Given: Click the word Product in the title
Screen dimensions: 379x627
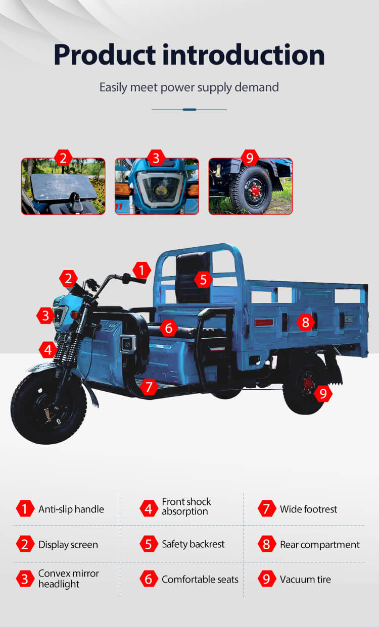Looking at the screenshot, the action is (x=105, y=55).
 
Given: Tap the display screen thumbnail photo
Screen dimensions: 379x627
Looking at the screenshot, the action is (x=63, y=186).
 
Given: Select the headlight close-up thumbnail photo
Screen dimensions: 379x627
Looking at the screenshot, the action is (x=157, y=186).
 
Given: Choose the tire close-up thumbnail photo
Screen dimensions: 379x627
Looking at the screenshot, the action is (x=251, y=186).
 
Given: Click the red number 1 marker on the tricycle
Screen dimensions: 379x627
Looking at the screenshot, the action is (x=141, y=270).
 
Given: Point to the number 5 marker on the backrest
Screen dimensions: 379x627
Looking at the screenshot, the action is (x=203, y=279).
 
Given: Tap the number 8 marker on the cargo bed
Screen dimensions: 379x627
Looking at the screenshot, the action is (x=306, y=322).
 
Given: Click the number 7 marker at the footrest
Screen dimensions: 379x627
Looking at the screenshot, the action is (x=149, y=387).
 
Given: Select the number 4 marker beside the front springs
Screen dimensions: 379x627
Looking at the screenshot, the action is (x=48, y=350).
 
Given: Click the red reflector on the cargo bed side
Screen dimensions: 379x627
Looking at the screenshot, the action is (x=264, y=323).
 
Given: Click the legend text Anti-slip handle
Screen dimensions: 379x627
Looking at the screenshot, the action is (x=71, y=509).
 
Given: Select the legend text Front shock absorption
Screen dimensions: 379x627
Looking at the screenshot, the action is (x=186, y=506).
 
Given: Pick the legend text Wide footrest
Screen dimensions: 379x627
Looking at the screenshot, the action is (x=308, y=509).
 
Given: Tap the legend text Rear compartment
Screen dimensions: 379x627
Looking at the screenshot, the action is (x=319, y=544).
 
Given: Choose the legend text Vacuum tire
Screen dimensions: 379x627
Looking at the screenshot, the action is (x=305, y=579).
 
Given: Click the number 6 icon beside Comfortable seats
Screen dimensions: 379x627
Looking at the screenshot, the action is (x=149, y=579).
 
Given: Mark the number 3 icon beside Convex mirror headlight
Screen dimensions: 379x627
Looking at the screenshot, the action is (x=25, y=579).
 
